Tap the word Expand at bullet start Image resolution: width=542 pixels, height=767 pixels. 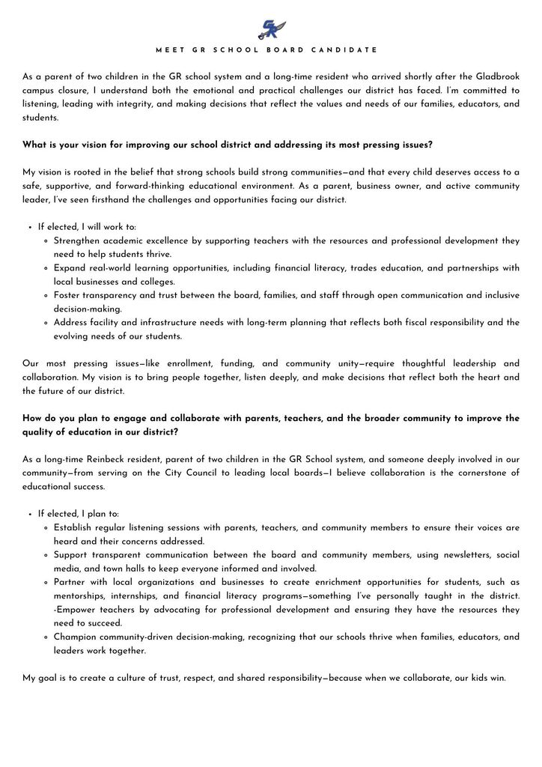coord(70,268)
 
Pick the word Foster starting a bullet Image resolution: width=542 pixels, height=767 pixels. coord(69,295)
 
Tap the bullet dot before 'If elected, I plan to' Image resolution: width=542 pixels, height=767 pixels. coord(30,515)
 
